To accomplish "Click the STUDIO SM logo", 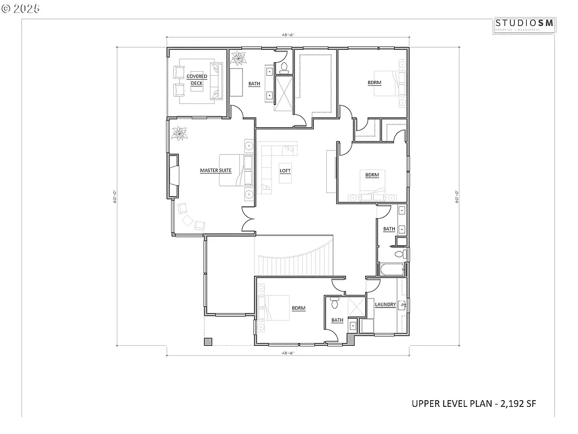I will coord(524,24).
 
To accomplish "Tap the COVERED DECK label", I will coord(196,80).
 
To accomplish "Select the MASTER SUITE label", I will coord(216,170).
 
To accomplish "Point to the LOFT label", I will coord(285,171).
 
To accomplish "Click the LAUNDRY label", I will coord(385,305).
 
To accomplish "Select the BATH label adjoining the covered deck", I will coord(254,84).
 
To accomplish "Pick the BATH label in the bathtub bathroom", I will coord(389,229).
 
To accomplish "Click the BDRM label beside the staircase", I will coord(298,308).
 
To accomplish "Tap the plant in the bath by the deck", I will coord(238,58).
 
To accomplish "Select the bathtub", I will coord(392,269).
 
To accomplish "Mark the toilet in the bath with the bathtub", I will coord(401,254).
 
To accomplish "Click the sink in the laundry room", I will coord(402,306).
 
